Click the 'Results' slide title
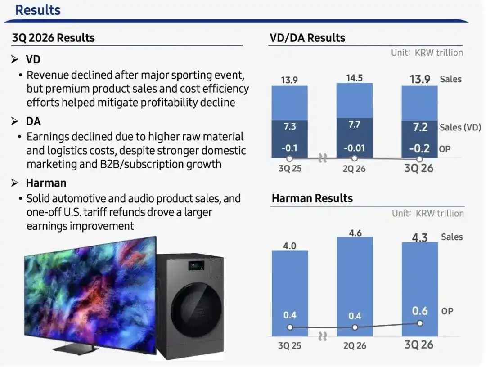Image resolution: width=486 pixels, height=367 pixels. pos(38,10)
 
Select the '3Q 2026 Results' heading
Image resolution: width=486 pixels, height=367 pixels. pos(53,38)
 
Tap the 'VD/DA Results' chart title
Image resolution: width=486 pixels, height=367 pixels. pos(307,38)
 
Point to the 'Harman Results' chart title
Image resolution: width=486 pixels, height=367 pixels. pos(312,198)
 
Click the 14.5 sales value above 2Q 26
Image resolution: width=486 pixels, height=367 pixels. pos(354,78)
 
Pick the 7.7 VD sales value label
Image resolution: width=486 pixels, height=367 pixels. pos(354,125)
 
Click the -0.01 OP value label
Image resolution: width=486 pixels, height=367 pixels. pos(354,148)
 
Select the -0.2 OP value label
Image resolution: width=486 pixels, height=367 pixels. pos(419,149)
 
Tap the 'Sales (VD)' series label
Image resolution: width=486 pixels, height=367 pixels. pos(460,127)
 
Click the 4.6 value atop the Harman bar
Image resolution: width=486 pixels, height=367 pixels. pos(355,233)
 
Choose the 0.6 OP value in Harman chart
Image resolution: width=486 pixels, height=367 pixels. pos(420,311)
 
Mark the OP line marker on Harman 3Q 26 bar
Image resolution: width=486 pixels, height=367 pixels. pos(420,323)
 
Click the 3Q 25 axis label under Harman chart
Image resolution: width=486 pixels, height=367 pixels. pos(289,345)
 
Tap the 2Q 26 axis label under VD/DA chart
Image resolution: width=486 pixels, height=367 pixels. pos(354,169)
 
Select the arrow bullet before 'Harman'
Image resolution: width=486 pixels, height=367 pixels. pos(14,183)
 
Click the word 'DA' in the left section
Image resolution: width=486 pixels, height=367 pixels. pos(33,121)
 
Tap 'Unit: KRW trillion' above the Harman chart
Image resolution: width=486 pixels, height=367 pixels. pos(428,213)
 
